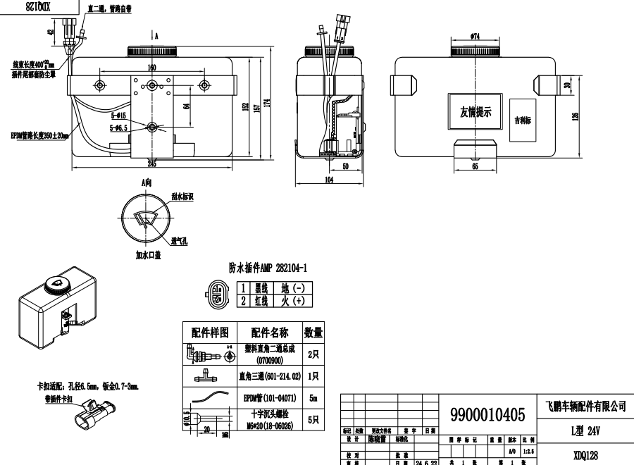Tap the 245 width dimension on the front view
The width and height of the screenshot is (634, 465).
(151, 163)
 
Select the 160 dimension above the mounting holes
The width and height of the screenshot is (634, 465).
(151, 68)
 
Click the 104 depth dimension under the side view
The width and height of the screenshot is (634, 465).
(329, 181)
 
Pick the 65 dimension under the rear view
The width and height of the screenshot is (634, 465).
(474, 168)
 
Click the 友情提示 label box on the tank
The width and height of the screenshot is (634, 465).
(475, 112)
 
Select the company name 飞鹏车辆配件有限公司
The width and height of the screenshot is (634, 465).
(585, 407)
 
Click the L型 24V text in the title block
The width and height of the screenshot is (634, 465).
(585, 430)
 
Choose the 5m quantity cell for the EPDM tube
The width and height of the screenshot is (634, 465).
(313, 398)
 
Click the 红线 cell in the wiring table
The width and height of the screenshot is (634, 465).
(261, 301)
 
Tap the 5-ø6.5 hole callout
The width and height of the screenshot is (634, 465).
(118, 128)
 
